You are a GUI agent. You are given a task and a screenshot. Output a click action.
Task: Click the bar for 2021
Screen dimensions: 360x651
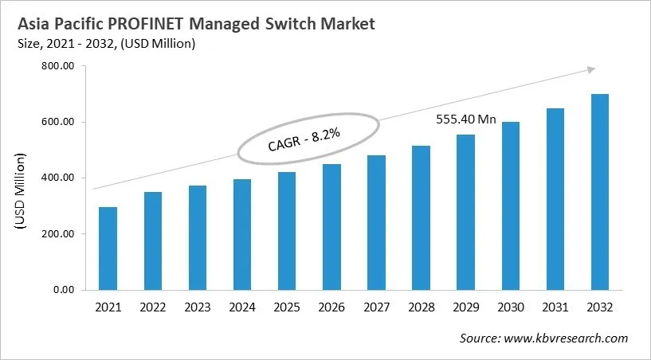pyautogui.click(x=107, y=248)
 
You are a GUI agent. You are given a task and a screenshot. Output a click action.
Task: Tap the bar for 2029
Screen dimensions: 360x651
pyautogui.click(x=465, y=212)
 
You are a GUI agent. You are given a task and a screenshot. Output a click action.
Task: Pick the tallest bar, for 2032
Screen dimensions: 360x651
pyautogui.click(x=599, y=192)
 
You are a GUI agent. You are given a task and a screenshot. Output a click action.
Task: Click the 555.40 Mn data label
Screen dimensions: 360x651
pyautogui.click(x=465, y=119)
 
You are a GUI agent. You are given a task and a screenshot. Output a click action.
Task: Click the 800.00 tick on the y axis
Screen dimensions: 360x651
pyautogui.click(x=57, y=67)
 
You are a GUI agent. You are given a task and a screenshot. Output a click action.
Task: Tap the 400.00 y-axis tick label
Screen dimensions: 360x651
pyautogui.click(x=57, y=178)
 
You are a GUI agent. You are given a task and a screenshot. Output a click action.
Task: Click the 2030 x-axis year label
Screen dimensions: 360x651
pyautogui.click(x=510, y=307)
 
